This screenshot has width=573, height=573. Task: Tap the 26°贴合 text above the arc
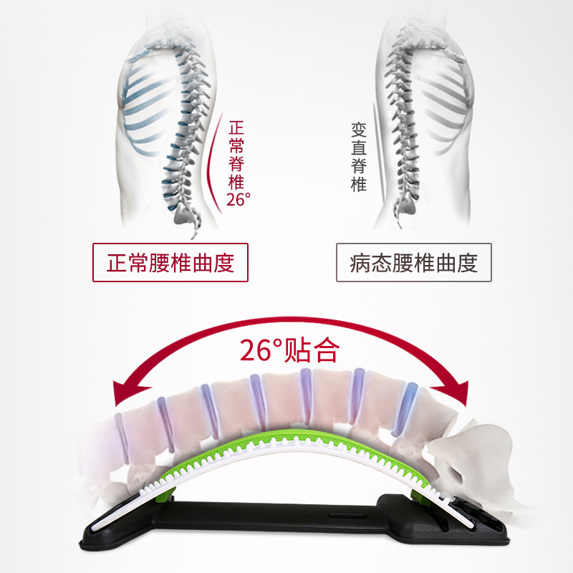pyautogui.click(x=288, y=350)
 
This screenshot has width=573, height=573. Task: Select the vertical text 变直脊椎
pyautogui.click(x=359, y=156)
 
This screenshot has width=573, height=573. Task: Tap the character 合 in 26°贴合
pyautogui.click(x=323, y=350)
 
